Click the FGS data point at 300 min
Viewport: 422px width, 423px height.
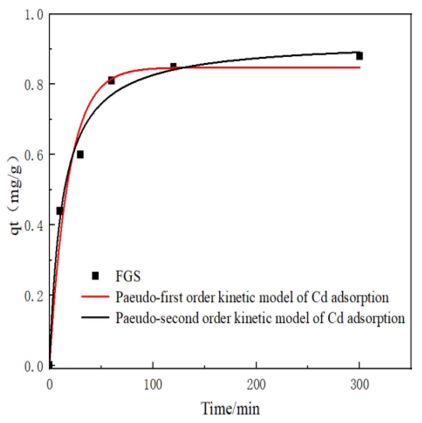click(x=359, y=56)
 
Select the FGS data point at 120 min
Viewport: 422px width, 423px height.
click(x=173, y=67)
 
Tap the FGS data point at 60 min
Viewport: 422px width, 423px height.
click(x=111, y=81)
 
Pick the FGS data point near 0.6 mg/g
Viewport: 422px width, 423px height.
click(x=80, y=155)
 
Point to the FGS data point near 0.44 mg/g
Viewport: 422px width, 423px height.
click(x=60, y=211)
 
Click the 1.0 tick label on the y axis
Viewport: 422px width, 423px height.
click(x=34, y=15)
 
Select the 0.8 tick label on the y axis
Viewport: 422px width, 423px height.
click(x=34, y=85)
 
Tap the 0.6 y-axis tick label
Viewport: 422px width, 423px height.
click(x=34, y=155)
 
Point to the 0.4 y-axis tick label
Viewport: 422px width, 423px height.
click(x=34, y=225)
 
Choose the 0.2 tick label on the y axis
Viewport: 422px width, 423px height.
click(x=34, y=296)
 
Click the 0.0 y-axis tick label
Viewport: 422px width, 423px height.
click(x=34, y=366)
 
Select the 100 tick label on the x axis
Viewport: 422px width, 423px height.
click(x=153, y=385)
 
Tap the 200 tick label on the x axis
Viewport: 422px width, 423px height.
click(x=256, y=385)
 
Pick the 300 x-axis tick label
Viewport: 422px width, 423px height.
click(x=360, y=385)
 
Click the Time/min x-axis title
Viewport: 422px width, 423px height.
click(x=230, y=408)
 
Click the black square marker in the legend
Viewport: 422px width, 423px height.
click(x=95, y=276)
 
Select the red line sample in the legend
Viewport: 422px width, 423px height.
click(x=95, y=297)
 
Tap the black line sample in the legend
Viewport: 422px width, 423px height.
click(x=95, y=317)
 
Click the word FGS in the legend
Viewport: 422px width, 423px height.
click(x=128, y=276)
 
